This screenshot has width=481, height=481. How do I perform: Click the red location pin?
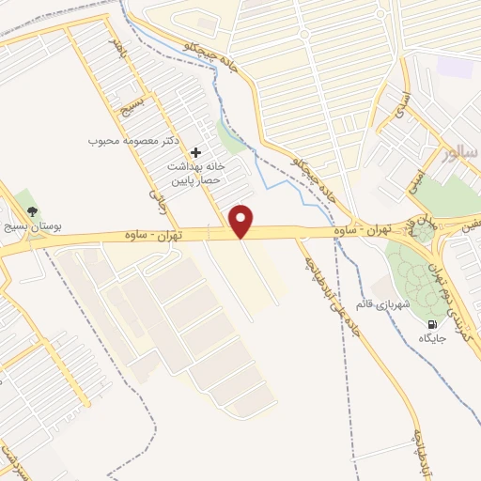click(241, 221)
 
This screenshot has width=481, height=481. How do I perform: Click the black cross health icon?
click(195, 152)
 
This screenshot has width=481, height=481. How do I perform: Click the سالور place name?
click(459, 152)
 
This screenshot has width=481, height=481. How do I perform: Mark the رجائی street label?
click(156, 191)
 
